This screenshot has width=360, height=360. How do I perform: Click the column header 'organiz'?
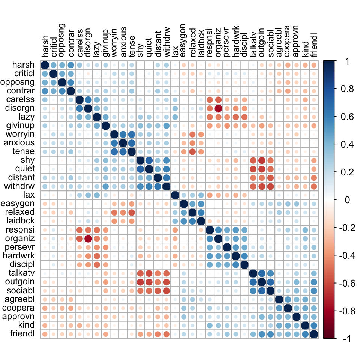(218, 45)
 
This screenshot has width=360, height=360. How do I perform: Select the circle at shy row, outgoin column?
(262, 160)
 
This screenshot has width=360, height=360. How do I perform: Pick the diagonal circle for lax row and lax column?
(175, 195)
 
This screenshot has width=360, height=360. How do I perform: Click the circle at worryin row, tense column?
(132, 134)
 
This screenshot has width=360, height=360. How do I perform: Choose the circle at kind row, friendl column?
(314, 325)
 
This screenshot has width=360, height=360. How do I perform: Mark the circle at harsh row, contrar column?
(71, 64)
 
